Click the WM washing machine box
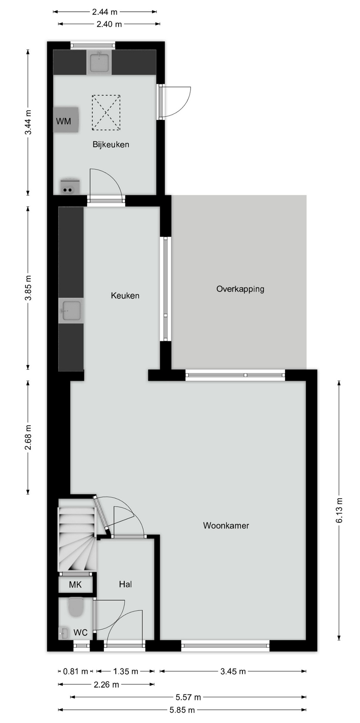click(66, 120)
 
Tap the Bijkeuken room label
click(111, 145)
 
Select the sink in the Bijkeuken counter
click(99, 62)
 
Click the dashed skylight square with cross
click(106, 113)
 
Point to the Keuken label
click(125, 296)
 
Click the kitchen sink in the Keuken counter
click(71, 311)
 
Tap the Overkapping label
click(240, 289)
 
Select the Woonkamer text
click(226, 526)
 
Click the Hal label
click(125, 584)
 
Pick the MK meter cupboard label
click(75, 585)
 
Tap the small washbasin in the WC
click(63, 633)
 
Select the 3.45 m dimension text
click(233, 671)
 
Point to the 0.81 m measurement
click(76, 671)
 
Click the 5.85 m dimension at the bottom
click(182, 710)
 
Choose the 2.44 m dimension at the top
click(105, 12)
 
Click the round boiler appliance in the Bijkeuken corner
click(69, 187)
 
